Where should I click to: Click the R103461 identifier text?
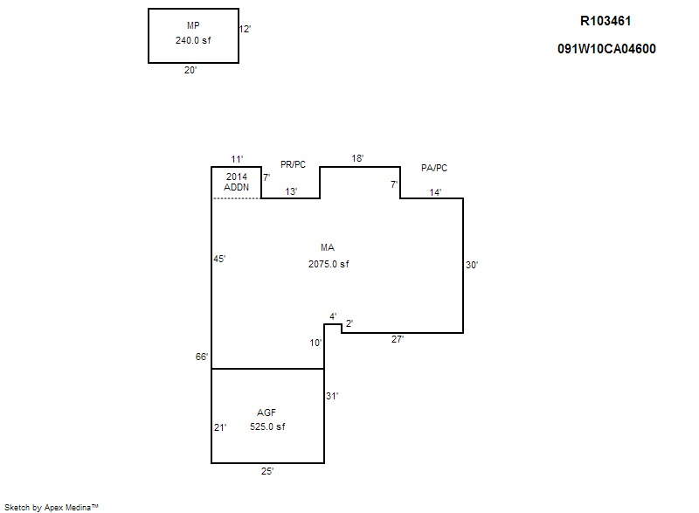[606, 21]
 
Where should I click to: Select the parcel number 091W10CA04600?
[606, 49]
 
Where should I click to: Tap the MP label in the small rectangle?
[193, 25]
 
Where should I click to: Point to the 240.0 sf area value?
[193, 40]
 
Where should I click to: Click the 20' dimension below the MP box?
[190, 71]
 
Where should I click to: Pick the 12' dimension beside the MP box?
[246, 29]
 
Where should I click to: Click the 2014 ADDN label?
[237, 182]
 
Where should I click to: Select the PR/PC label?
[293, 164]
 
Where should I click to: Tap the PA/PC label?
[433, 167]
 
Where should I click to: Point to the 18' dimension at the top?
[357, 158]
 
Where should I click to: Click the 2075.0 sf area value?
[329, 264]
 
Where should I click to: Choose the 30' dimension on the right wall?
[472, 265]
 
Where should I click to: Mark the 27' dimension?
[397, 339]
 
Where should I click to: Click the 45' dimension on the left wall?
[220, 259]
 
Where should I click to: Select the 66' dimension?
[201, 357]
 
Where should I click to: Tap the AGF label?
[266, 412]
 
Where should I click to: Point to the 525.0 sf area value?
[267, 426]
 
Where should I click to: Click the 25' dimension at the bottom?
[267, 471]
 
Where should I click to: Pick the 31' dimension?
[332, 396]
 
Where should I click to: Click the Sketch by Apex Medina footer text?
[52, 506]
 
